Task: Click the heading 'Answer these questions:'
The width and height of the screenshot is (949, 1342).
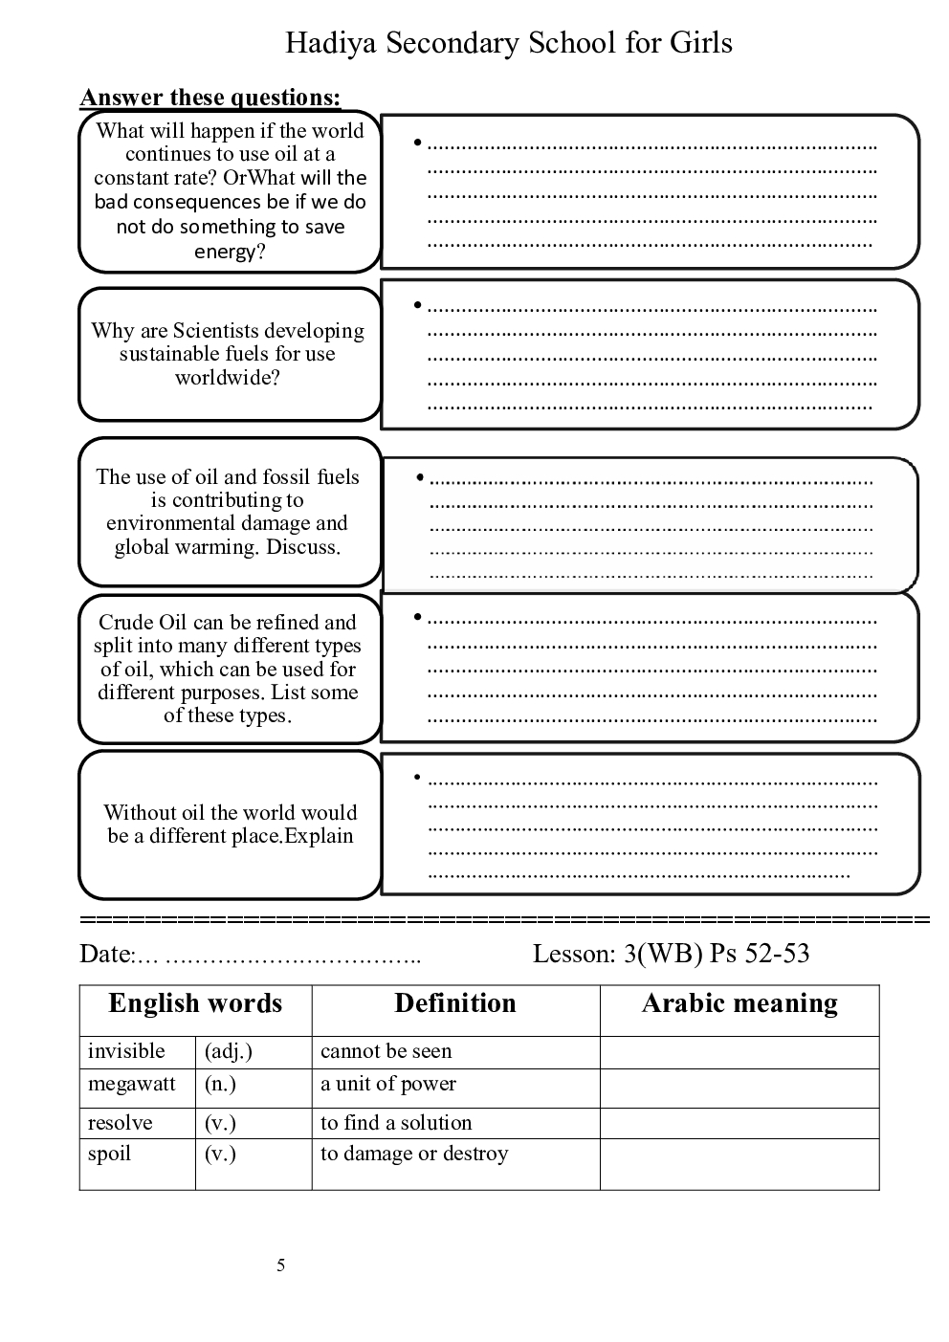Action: pyautogui.click(x=210, y=98)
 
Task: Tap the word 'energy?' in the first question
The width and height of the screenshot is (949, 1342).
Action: pyautogui.click(x=230, y=252)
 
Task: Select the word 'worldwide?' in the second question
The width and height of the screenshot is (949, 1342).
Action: pyautogui.click(x=228, y=378)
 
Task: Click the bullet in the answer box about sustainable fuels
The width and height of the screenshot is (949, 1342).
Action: pyautogui.click(x=418, y=305)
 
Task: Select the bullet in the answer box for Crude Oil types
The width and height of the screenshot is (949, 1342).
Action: pyautogui.click(x=418, y=617)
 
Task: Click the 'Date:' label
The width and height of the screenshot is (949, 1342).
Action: pyautogui.click(x=106, y=954)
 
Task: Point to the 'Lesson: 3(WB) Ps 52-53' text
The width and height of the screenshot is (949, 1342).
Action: pyautogui.click(x=671, y=954)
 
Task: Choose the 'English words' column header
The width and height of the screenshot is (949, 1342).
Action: pyautogui.click(x=195, y=1003)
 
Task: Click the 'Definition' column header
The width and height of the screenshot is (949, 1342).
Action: pyautogui.click(x=455, y=1003)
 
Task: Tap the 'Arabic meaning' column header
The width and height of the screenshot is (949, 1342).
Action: pyautogui.click(x=739, y=1003)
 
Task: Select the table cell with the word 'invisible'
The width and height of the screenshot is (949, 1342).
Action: pyautogui.click(x=126, y=1051)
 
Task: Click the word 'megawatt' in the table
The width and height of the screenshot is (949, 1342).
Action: pyautogui.click(x=132, y=1085)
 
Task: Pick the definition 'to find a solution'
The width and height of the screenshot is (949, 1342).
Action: pyautogui.click(x=396, y=1123)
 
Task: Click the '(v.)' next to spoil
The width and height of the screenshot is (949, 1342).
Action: pyautogui.click(x=220, y=1154)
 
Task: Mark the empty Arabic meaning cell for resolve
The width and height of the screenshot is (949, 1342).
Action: pyautogui.click(x=739, y=1123)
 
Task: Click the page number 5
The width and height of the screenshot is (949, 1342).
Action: pyautogui.click(x=281, y=1266)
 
